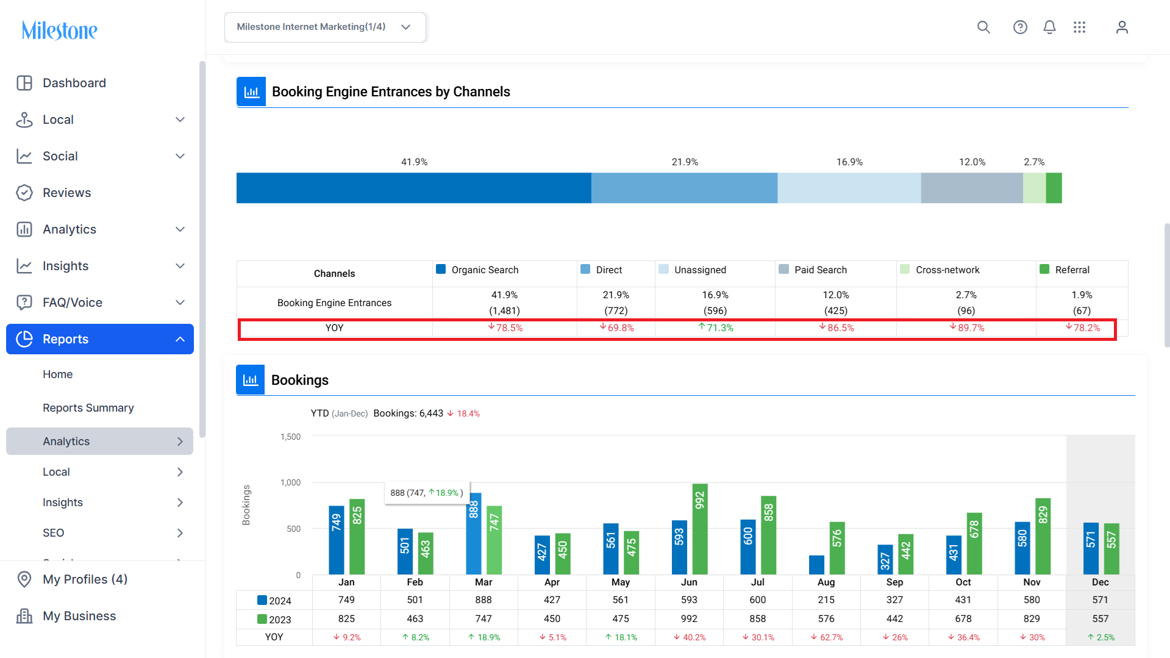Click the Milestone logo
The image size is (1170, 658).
tap(59, 30)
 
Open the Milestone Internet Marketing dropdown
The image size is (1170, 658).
tap(325, 27)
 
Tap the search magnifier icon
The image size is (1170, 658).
tap(983, 27)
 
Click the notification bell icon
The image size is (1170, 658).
tap(1049, 27)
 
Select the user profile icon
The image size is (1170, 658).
tap(1122, 27)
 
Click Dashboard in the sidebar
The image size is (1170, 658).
tap(74, 83)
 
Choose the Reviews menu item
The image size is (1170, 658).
tap(66, 193)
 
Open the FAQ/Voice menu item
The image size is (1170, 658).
tap(72, 302)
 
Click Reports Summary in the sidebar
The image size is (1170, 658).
tap(88, 408)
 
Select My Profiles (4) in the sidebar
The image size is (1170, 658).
tap(85, 579)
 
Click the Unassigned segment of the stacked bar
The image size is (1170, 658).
tap(849, 188)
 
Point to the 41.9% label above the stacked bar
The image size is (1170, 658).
tap(414, 162)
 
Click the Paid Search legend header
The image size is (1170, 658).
tap(821, 270)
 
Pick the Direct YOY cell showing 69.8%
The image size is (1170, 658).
tap(616, 328)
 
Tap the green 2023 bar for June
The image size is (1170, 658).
tap(700, 529)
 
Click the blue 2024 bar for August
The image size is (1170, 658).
tap(817, 565)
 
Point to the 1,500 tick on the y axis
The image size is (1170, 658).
tap(290, 437)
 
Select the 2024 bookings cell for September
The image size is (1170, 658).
tap(894, 600)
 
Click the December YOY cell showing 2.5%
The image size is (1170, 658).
tap(1100, 637)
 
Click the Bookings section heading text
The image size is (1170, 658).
tap(300, 380)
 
